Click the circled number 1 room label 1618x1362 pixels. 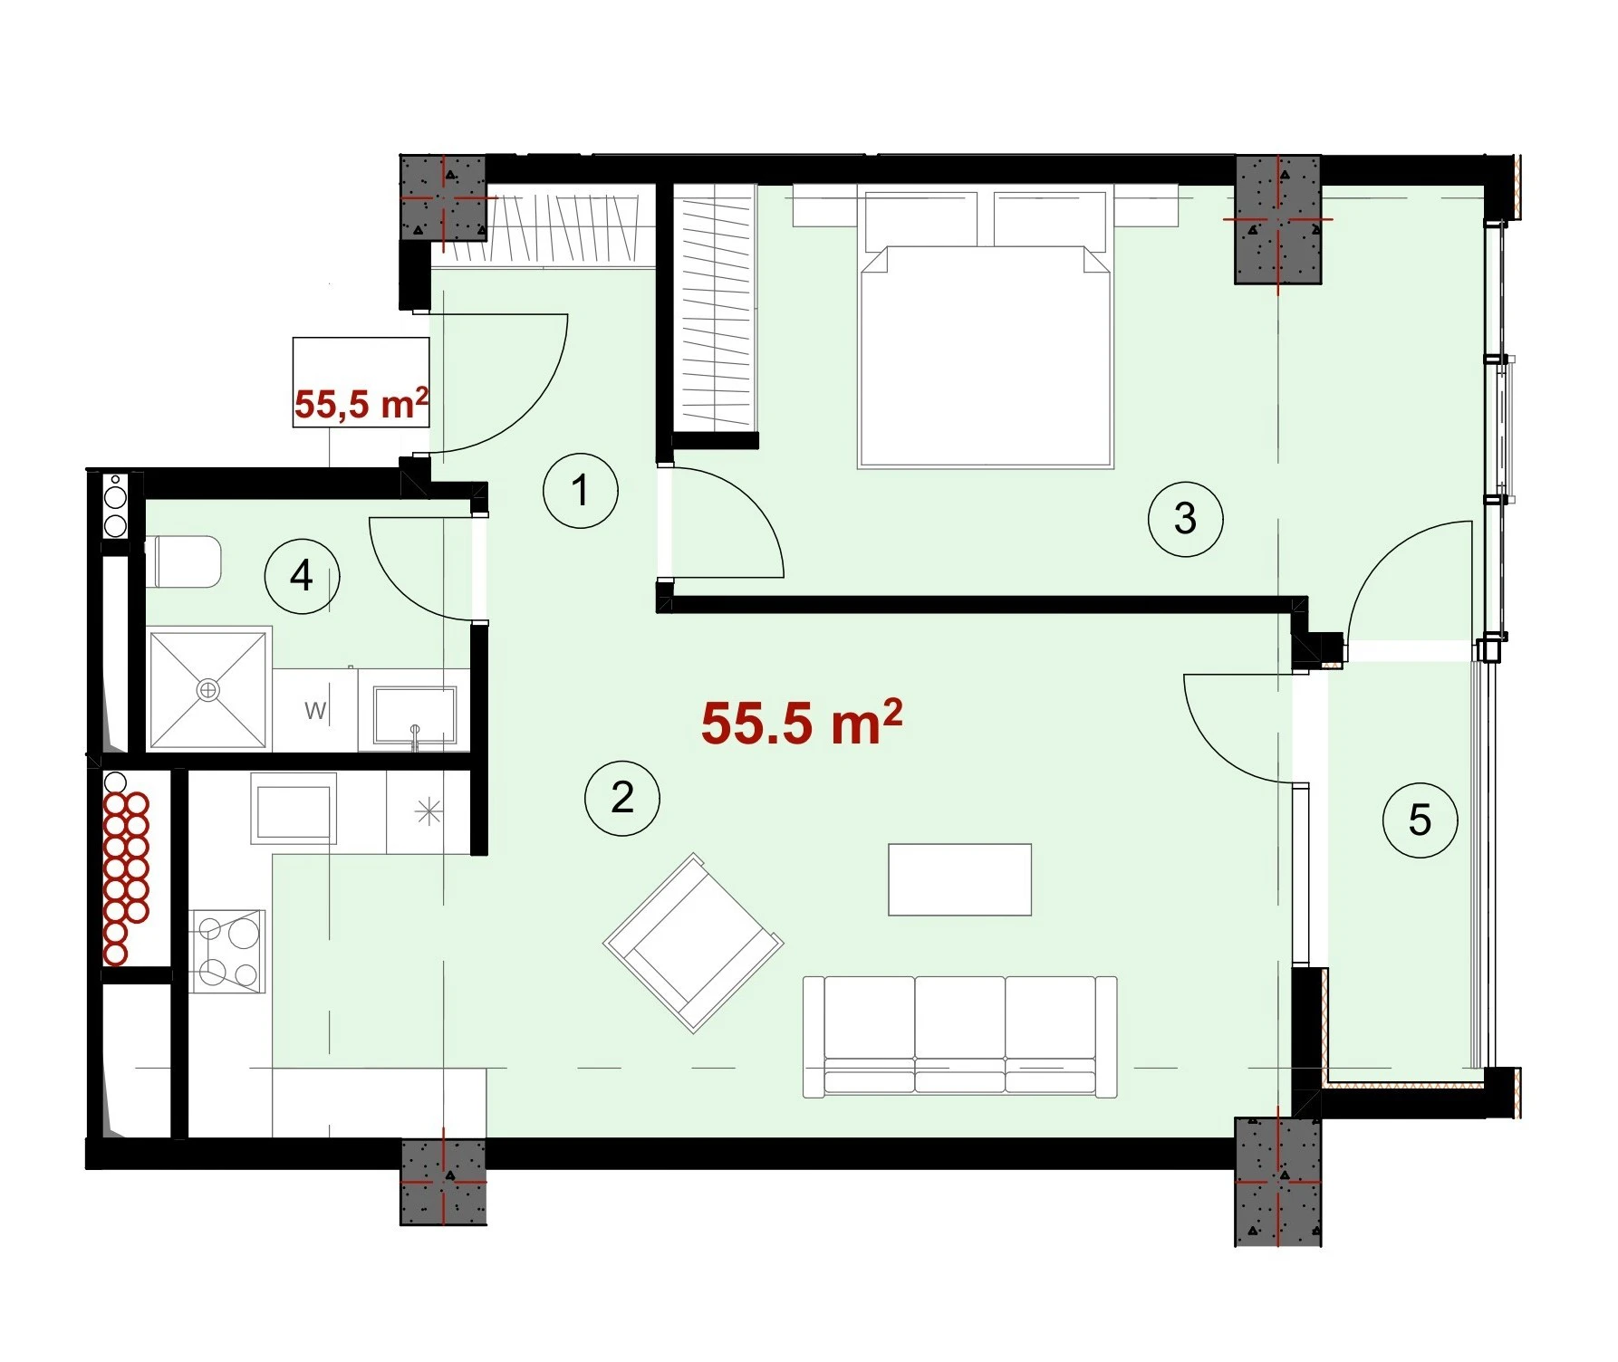click(x=581, y=491)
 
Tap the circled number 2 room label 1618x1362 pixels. click(x=622, y=798)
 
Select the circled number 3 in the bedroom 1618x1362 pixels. click(x=1185, y=519)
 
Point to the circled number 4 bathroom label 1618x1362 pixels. click(x=302, y=575)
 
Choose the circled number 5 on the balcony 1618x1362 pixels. click(x=1420, y=820)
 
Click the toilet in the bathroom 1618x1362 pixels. click(x=183, y=561)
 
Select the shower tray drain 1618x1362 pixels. click(x=209, y=690)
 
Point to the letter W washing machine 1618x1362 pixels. click(x=314, y=710)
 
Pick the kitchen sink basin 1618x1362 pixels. click(x=294, y=811)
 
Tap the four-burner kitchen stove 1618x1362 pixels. click(x=227, y=951)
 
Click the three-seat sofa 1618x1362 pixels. click(x=960, y=1037)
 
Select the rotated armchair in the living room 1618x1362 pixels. click(x=694, y=943)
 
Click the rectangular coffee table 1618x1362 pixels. click(x=960, y=879)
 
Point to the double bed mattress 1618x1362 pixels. click(x=986, y=357)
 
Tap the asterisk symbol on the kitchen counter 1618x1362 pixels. click(x=429, y=812)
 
